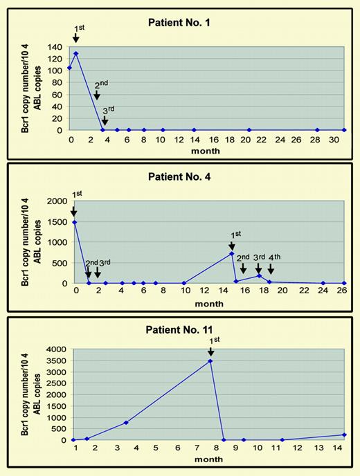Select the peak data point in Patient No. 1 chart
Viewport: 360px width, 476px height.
coord(75,53)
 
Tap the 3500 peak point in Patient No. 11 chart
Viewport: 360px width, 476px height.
coord(210,361)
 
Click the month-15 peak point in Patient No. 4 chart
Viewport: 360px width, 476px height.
coord(231,254)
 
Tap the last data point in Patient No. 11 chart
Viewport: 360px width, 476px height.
coord(344,434)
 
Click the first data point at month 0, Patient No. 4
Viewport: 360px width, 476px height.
coord(73,222)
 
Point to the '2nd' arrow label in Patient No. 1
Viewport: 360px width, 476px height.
coord(101,86)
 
